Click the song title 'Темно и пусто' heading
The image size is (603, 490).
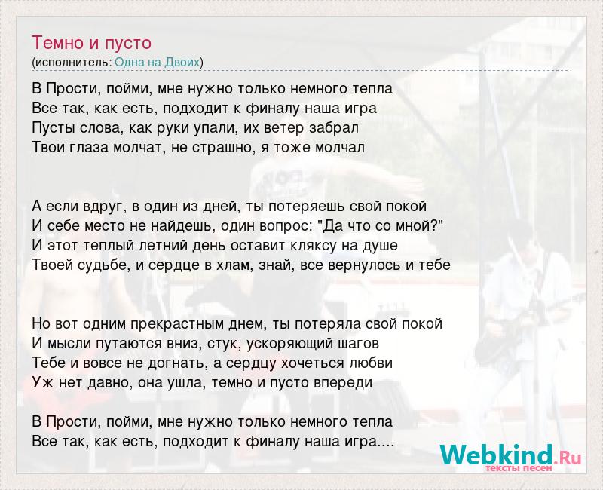(x=91, y=43)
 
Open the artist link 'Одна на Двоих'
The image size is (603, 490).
(x=158, y=62)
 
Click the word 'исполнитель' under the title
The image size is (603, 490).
(x=72, y=63)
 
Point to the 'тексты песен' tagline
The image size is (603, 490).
(x=519, y=468)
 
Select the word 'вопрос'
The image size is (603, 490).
(x=284, y=226)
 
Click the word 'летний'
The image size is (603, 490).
(x=161, y=246)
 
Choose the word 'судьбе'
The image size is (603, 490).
(x=100, y=265)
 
